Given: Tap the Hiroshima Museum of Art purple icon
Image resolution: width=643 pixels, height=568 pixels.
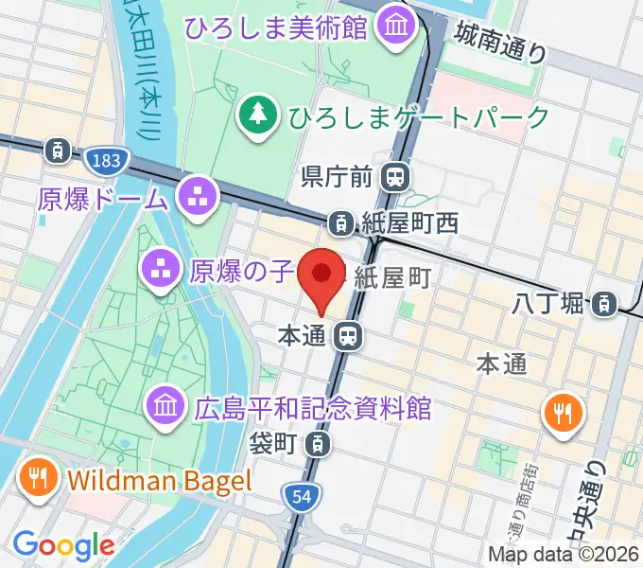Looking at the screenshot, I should point(391,26).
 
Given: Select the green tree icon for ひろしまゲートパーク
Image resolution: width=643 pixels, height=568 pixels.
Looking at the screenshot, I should point(256,116).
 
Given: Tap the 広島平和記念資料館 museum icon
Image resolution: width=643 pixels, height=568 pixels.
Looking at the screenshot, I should point(165,408).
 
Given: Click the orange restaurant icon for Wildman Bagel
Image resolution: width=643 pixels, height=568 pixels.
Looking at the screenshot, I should point(37,478).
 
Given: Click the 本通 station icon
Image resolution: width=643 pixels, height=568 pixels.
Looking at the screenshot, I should point(349,335).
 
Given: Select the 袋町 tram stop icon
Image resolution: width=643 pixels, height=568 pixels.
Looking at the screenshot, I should point(321,442).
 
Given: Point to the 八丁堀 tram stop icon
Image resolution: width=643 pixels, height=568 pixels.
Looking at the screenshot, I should point(601,304).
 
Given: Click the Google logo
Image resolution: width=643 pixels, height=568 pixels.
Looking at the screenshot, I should point(63,544).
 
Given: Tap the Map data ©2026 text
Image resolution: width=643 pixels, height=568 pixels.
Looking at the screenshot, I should point(562,554).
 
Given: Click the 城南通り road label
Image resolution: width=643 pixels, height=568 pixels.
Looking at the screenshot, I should point(499,43).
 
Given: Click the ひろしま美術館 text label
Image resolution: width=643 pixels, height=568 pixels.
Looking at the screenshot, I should point(276,27).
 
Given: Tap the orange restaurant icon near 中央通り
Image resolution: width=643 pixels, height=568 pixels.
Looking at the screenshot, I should point(564,413).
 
